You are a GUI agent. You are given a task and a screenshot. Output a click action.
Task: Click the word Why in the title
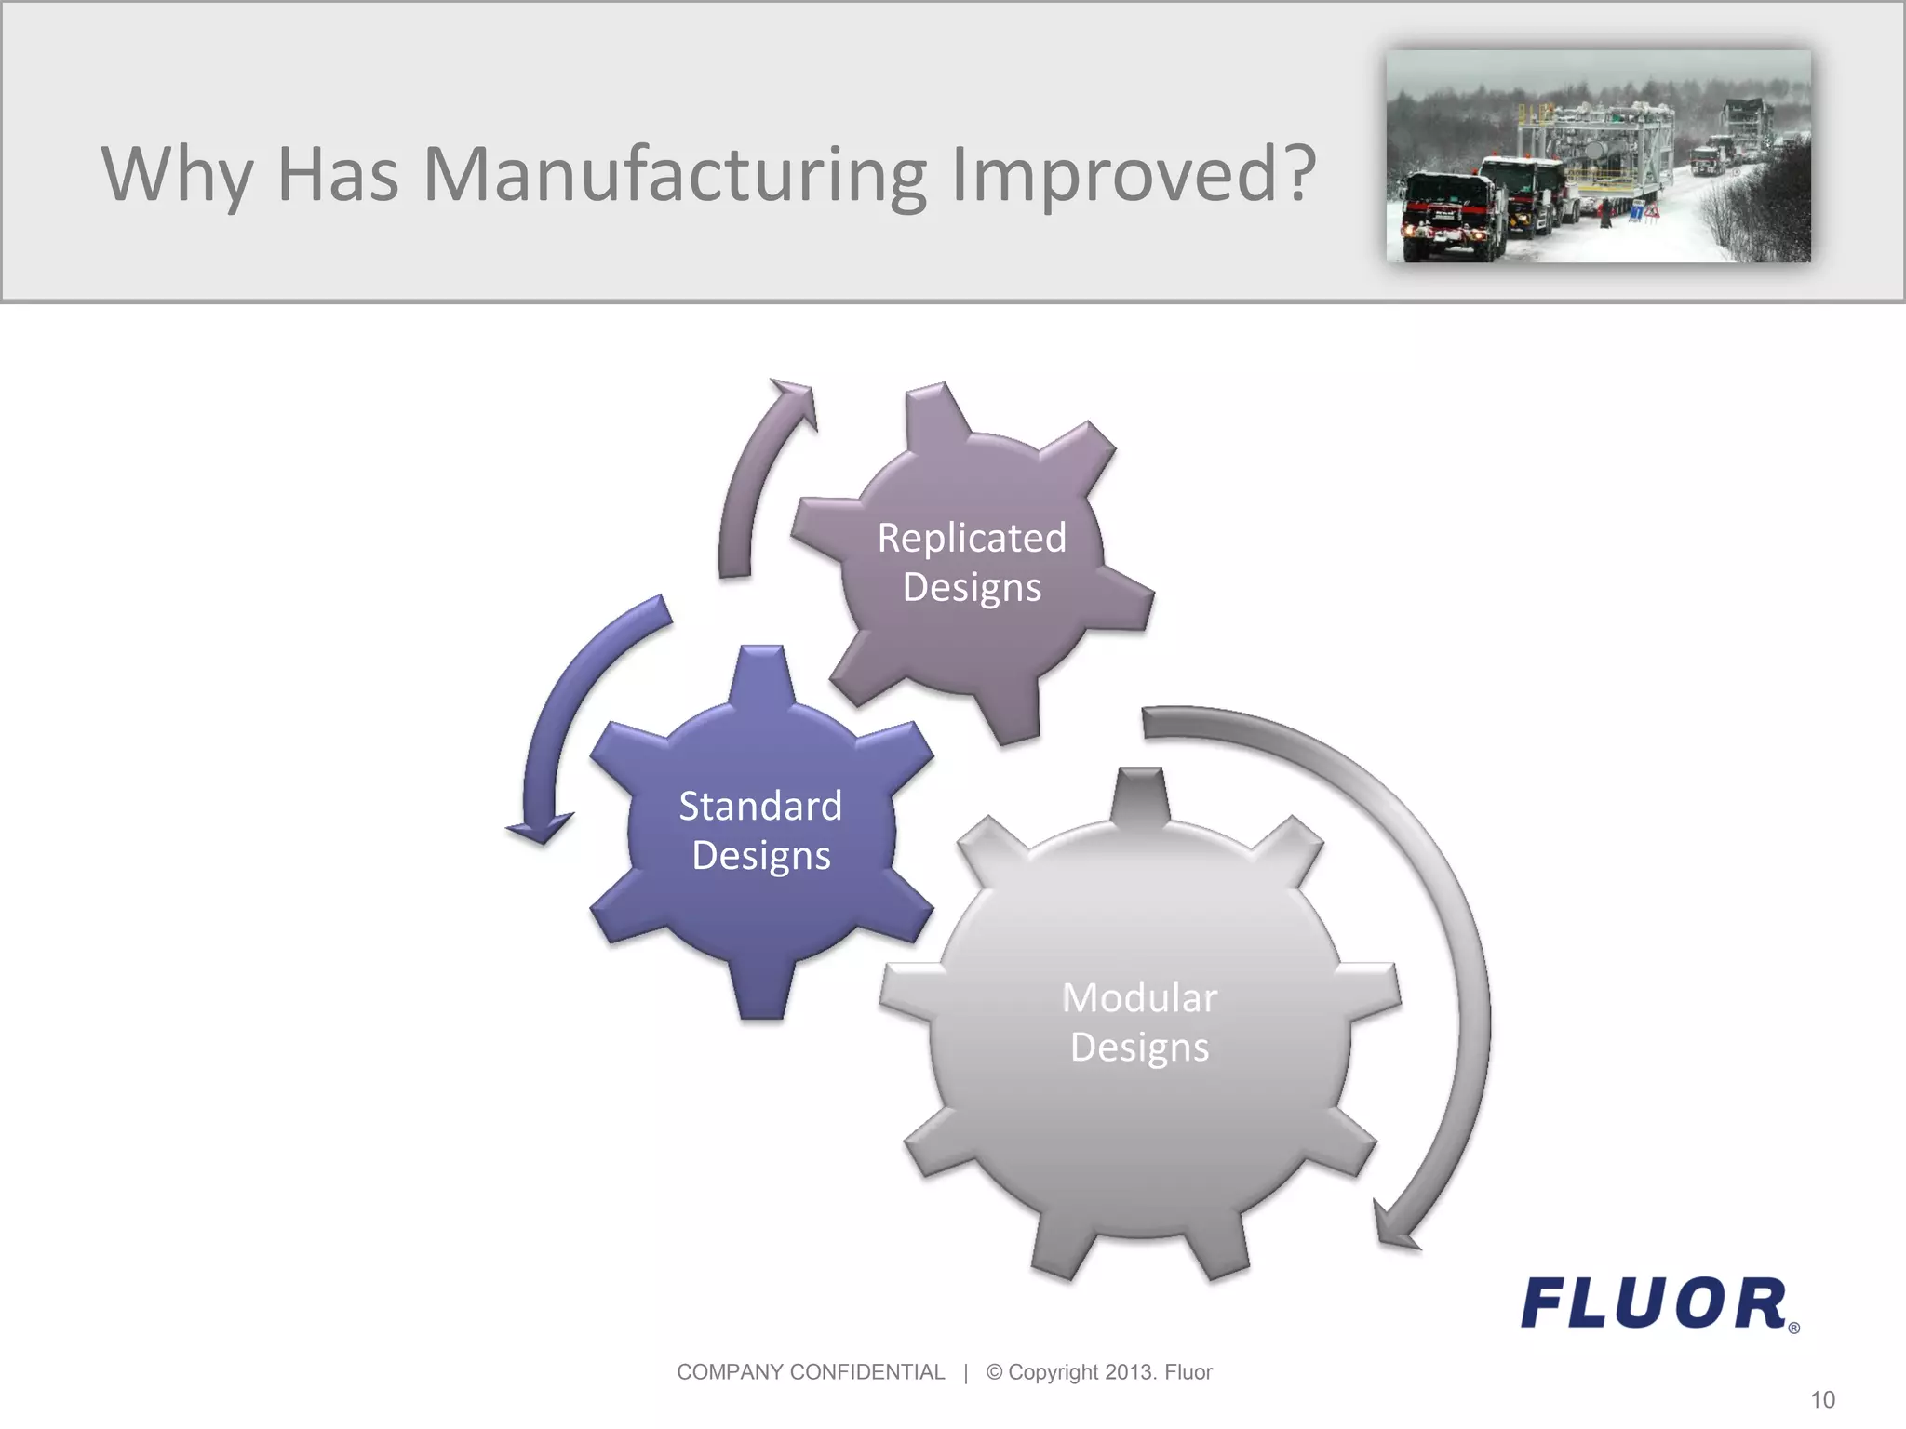coord(177,174)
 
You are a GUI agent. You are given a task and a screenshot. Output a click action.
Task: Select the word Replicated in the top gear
coord(972,538)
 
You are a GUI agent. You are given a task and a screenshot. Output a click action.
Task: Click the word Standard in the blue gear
coord(760,806)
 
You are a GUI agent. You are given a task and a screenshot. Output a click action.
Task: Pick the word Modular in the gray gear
coord(1139,998)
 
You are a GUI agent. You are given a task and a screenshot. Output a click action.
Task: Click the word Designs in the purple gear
coord(972,588)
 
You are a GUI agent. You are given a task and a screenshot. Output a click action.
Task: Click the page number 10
coord(1822,1399)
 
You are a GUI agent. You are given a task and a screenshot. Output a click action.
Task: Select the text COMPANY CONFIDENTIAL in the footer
coord(810,1372)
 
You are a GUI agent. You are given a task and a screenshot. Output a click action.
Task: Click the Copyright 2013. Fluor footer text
coord(1099,1372)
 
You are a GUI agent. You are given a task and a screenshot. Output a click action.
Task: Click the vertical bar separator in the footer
coord(966,1372)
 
